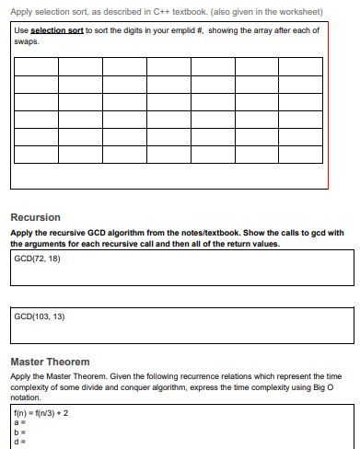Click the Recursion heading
35,217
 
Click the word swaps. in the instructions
27,40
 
